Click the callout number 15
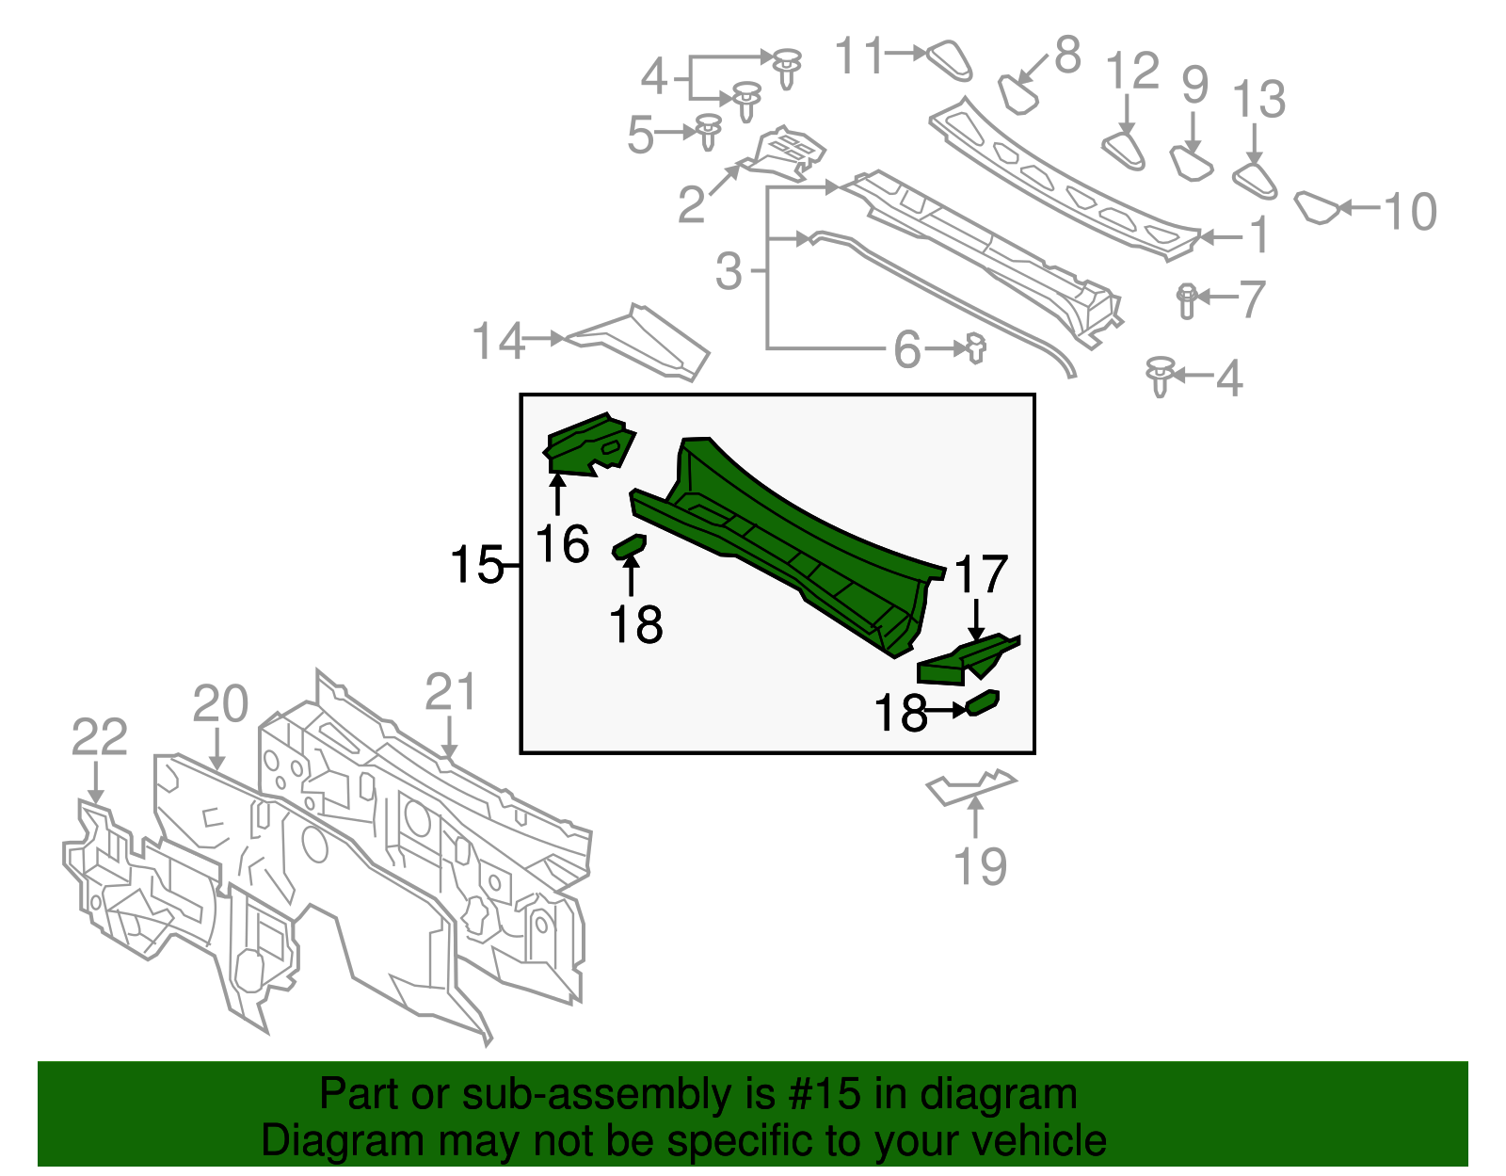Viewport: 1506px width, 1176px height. (476, 565)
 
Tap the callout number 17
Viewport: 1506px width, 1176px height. (981, 575)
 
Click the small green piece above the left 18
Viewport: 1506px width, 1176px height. (630, 545)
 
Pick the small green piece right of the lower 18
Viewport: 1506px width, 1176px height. (983, 702)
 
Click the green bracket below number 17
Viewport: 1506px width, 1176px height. (965, 659)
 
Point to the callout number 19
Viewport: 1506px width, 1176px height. (980, 866)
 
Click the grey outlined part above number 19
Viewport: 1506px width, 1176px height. (969, 786)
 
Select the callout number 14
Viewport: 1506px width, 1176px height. (498, 341)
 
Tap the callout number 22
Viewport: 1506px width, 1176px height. (99, 736)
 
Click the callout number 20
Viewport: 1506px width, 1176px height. (220, 703)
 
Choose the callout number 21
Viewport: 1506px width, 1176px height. (450, 692)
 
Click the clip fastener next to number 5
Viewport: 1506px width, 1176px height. (708, 131)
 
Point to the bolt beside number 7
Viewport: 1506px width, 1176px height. (1186, 299)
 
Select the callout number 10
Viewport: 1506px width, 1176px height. (1410, 211)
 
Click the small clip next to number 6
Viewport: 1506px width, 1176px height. (976, 348)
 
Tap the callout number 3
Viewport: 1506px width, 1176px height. (729, 271)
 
